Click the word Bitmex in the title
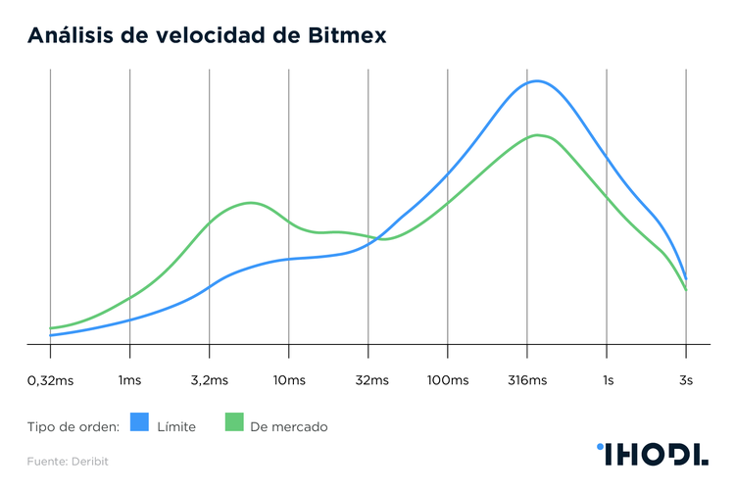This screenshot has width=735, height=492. [x=344, y=35]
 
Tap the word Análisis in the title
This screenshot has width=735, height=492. [x=72, y=35]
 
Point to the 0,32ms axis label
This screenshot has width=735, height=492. [x=50, y=380]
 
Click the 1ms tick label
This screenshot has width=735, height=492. [x=129, y=380]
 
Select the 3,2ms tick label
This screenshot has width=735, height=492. [x=209, y=380]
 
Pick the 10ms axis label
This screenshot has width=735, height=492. [x=288, y=380]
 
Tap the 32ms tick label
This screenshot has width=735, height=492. [x=367, y=380]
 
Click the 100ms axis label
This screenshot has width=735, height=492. [x=447, y=380]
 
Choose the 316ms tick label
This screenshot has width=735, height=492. [x=527, y=380]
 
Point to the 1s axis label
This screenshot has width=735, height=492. [x=608, y=380]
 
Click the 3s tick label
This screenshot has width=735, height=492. [x=686, y=380]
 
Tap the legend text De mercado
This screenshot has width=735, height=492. [x=289, y=426]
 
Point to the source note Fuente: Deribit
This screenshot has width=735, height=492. [x=68, y=460]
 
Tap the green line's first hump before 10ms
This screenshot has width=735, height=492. [x=252, y=203]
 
